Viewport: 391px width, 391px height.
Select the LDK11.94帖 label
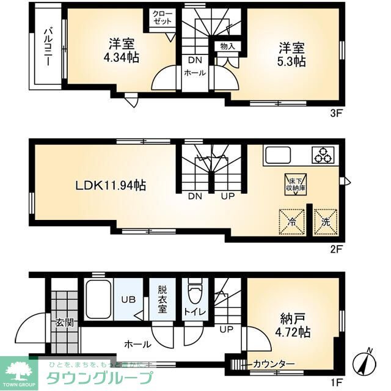110,185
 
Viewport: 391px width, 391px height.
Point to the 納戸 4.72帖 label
294,326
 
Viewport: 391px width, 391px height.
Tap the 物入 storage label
227,46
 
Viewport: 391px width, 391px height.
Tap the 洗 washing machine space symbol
326,221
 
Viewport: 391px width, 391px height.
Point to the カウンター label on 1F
273,364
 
